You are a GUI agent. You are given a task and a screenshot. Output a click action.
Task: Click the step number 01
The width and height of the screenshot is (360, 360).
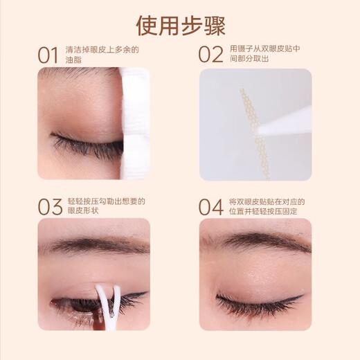[48, 54]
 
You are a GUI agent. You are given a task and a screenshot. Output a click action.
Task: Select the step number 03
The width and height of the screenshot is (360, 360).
[48, 206]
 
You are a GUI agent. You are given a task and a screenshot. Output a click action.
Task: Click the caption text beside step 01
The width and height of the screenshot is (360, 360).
[102, 54]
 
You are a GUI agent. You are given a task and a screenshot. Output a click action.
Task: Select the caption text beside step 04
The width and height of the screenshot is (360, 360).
[266, 206]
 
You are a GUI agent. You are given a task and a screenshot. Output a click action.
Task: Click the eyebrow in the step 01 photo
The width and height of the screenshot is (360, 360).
[69, 74]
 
